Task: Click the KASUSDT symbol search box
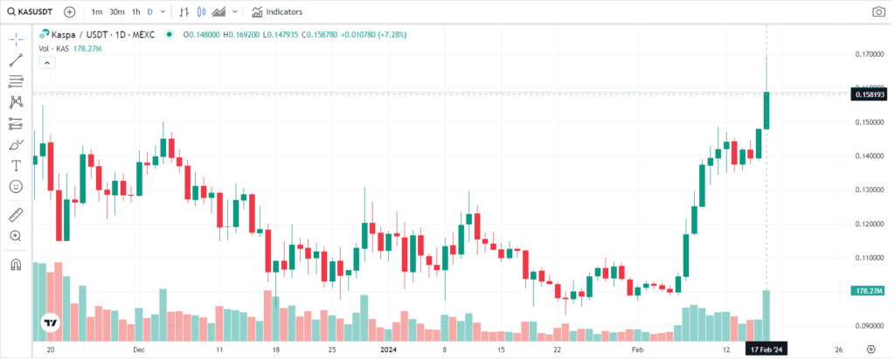31,12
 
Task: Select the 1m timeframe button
96,12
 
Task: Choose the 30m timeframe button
116,12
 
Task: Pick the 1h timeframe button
135,12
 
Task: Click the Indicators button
277,12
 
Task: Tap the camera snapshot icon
878,12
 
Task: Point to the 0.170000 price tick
868,54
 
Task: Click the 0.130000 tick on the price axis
868,190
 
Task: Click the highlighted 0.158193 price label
868,93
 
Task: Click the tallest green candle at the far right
767,110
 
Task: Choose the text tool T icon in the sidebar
16,166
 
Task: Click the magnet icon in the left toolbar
16,264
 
